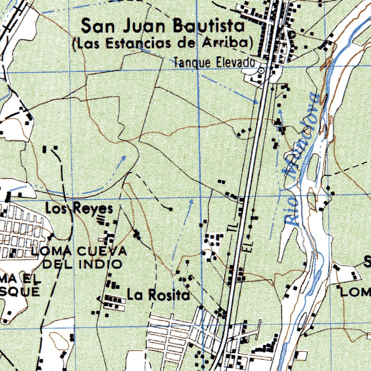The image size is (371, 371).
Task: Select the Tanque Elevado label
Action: pos(214,63)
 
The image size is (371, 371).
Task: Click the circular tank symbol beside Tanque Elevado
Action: pos(261,71)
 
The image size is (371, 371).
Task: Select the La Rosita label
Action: pos(158,295)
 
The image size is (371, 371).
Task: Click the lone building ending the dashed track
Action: pos(171,209)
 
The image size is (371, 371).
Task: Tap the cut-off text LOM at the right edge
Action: pos(355,292)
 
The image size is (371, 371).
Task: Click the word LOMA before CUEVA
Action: pos(53,251)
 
